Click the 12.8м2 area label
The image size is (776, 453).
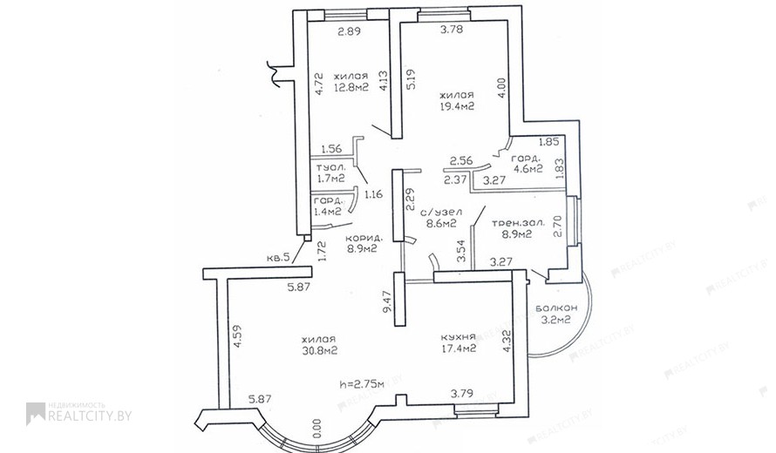pos(351,88)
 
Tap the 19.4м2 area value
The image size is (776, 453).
pos(457,106)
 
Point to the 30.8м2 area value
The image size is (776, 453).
pos(319,350)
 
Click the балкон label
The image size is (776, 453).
pos(556,308)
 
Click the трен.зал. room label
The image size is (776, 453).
pos(518,223)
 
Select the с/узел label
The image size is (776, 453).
pos(441,213)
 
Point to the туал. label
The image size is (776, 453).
pos(331,167)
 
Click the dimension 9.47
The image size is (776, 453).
pos(387,301)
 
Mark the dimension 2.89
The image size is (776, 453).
pos(349,31)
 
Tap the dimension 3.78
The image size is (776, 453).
pos(452,29)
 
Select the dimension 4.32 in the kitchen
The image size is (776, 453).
pos(506,341)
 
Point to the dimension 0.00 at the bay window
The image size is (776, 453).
pos(317,429)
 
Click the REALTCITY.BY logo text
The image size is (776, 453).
pos(90,416)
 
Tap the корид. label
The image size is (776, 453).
pos(360,237)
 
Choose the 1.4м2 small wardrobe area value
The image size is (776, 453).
pos(328,212)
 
